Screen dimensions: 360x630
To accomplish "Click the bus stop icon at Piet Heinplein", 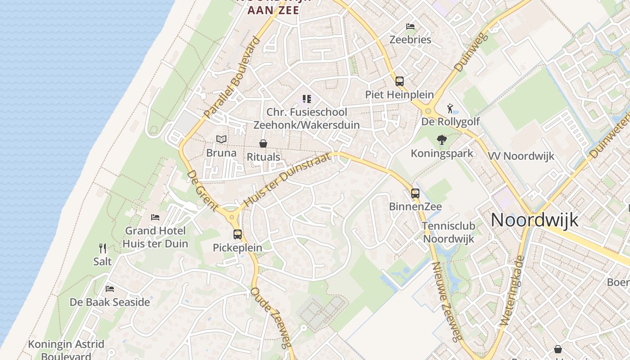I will [x=400, y=81].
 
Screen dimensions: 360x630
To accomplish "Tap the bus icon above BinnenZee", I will [x=415, y=193].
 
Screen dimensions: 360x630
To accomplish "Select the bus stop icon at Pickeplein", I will [x=238, y=234].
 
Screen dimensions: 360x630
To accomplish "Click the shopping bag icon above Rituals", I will [x=263, y=144].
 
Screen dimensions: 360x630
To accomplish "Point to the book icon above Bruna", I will [x=221, y=139].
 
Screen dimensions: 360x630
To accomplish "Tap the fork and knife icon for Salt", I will [x=103, y=248].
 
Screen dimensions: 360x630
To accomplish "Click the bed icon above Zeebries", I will [x=410, y=26].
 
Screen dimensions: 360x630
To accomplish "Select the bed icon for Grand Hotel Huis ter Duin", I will [x=155, y=217].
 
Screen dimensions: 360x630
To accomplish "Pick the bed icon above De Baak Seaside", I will [x=110, y=288].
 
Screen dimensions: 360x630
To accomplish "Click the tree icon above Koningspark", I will [x=442, y=140].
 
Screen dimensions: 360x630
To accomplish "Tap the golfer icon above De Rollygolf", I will [x=450, y=108].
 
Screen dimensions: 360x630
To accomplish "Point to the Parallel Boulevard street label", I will [x=232, y=78].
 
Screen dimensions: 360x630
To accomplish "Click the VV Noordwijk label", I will [x=521, y=156].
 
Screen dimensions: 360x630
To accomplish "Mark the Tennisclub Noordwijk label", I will [x=449, y=232].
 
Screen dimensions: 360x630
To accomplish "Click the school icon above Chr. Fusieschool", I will [x=307, y=99].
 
